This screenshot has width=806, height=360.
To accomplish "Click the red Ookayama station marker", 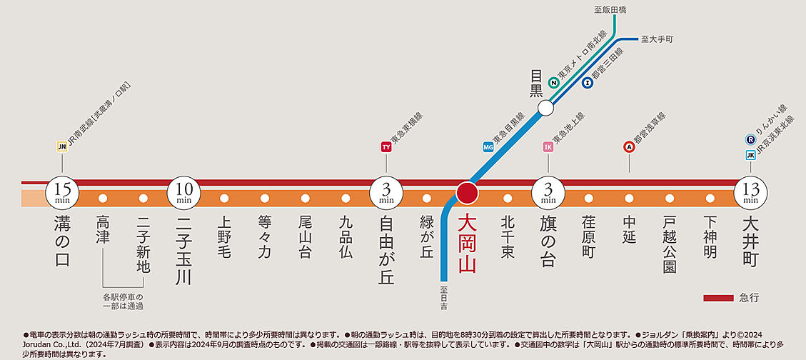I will [x=468, y=193].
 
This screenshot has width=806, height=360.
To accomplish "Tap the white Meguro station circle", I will [x=546, y=108].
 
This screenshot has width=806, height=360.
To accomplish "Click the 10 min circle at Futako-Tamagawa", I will [x=184, y=192].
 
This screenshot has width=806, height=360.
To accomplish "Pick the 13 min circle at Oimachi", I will [x=750, y=192].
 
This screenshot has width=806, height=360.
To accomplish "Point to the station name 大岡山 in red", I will [x=468, y=244].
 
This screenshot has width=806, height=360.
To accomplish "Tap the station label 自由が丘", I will [x=387, y=249].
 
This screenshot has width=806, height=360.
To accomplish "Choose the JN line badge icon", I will [x=62, y=147].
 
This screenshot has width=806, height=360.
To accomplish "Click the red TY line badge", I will [x=386, y=147].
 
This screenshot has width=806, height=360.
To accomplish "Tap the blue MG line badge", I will [x=488, y=147].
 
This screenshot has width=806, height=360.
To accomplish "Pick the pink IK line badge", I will [x=548, y=147].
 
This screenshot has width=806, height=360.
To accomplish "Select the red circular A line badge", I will [x=629, y=147].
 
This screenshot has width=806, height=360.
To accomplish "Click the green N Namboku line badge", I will [x=553, y=83].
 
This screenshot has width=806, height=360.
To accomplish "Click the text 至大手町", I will [x=658, y=39].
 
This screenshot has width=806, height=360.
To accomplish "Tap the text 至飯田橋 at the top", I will [x=610, y=10].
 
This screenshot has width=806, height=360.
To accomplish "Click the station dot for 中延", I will [x=629, y=199].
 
